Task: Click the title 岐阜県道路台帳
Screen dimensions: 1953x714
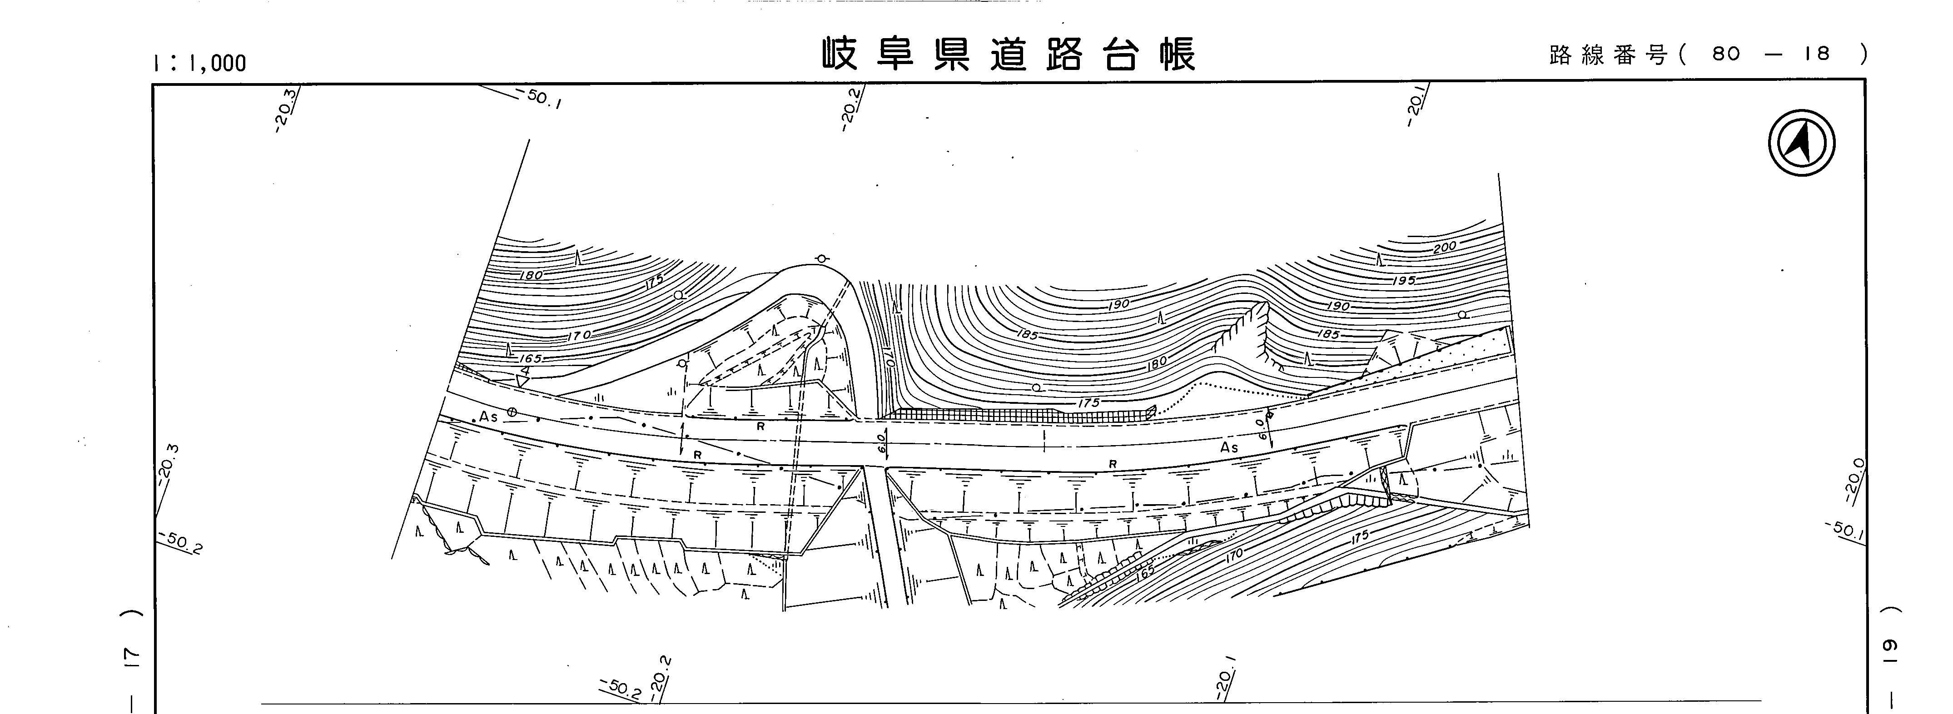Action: coord(1009,55)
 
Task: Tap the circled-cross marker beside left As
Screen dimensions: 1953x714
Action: coord(512,412)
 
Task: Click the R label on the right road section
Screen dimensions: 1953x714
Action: coord(1113,464)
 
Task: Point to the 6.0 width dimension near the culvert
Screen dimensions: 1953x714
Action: coord(881,443)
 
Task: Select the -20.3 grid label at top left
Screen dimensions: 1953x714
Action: coord(287,111)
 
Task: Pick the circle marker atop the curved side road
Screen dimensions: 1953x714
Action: coord(821,259)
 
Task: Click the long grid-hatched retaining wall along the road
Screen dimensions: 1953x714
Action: coord(1016,415)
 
